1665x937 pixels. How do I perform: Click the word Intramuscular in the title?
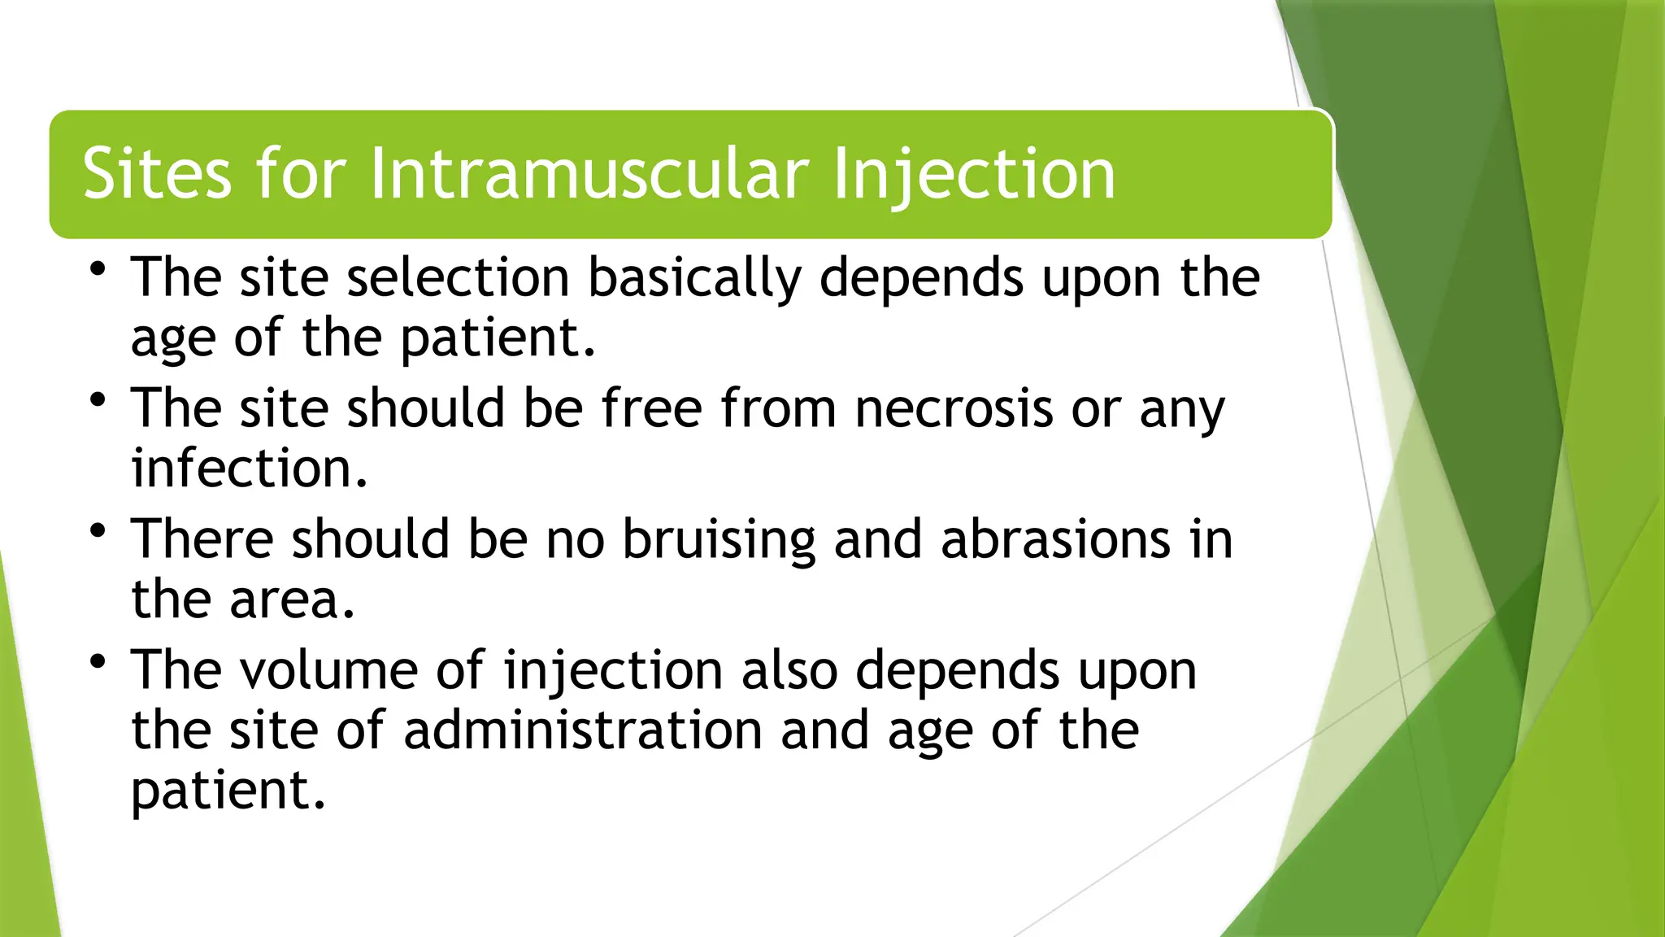click(589, 174)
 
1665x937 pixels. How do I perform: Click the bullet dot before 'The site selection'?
click(98, 269)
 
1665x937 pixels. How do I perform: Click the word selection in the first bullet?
click(458, 277)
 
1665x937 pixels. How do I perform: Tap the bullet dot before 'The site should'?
click(98, 400)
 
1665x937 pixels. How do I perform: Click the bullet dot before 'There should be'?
click(98, 531)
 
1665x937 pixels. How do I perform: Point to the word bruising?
click(719, 540)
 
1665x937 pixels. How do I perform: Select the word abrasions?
click(1055, 539)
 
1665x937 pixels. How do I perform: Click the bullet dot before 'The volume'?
click(98, 661)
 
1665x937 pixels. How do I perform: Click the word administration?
click(582, 730)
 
